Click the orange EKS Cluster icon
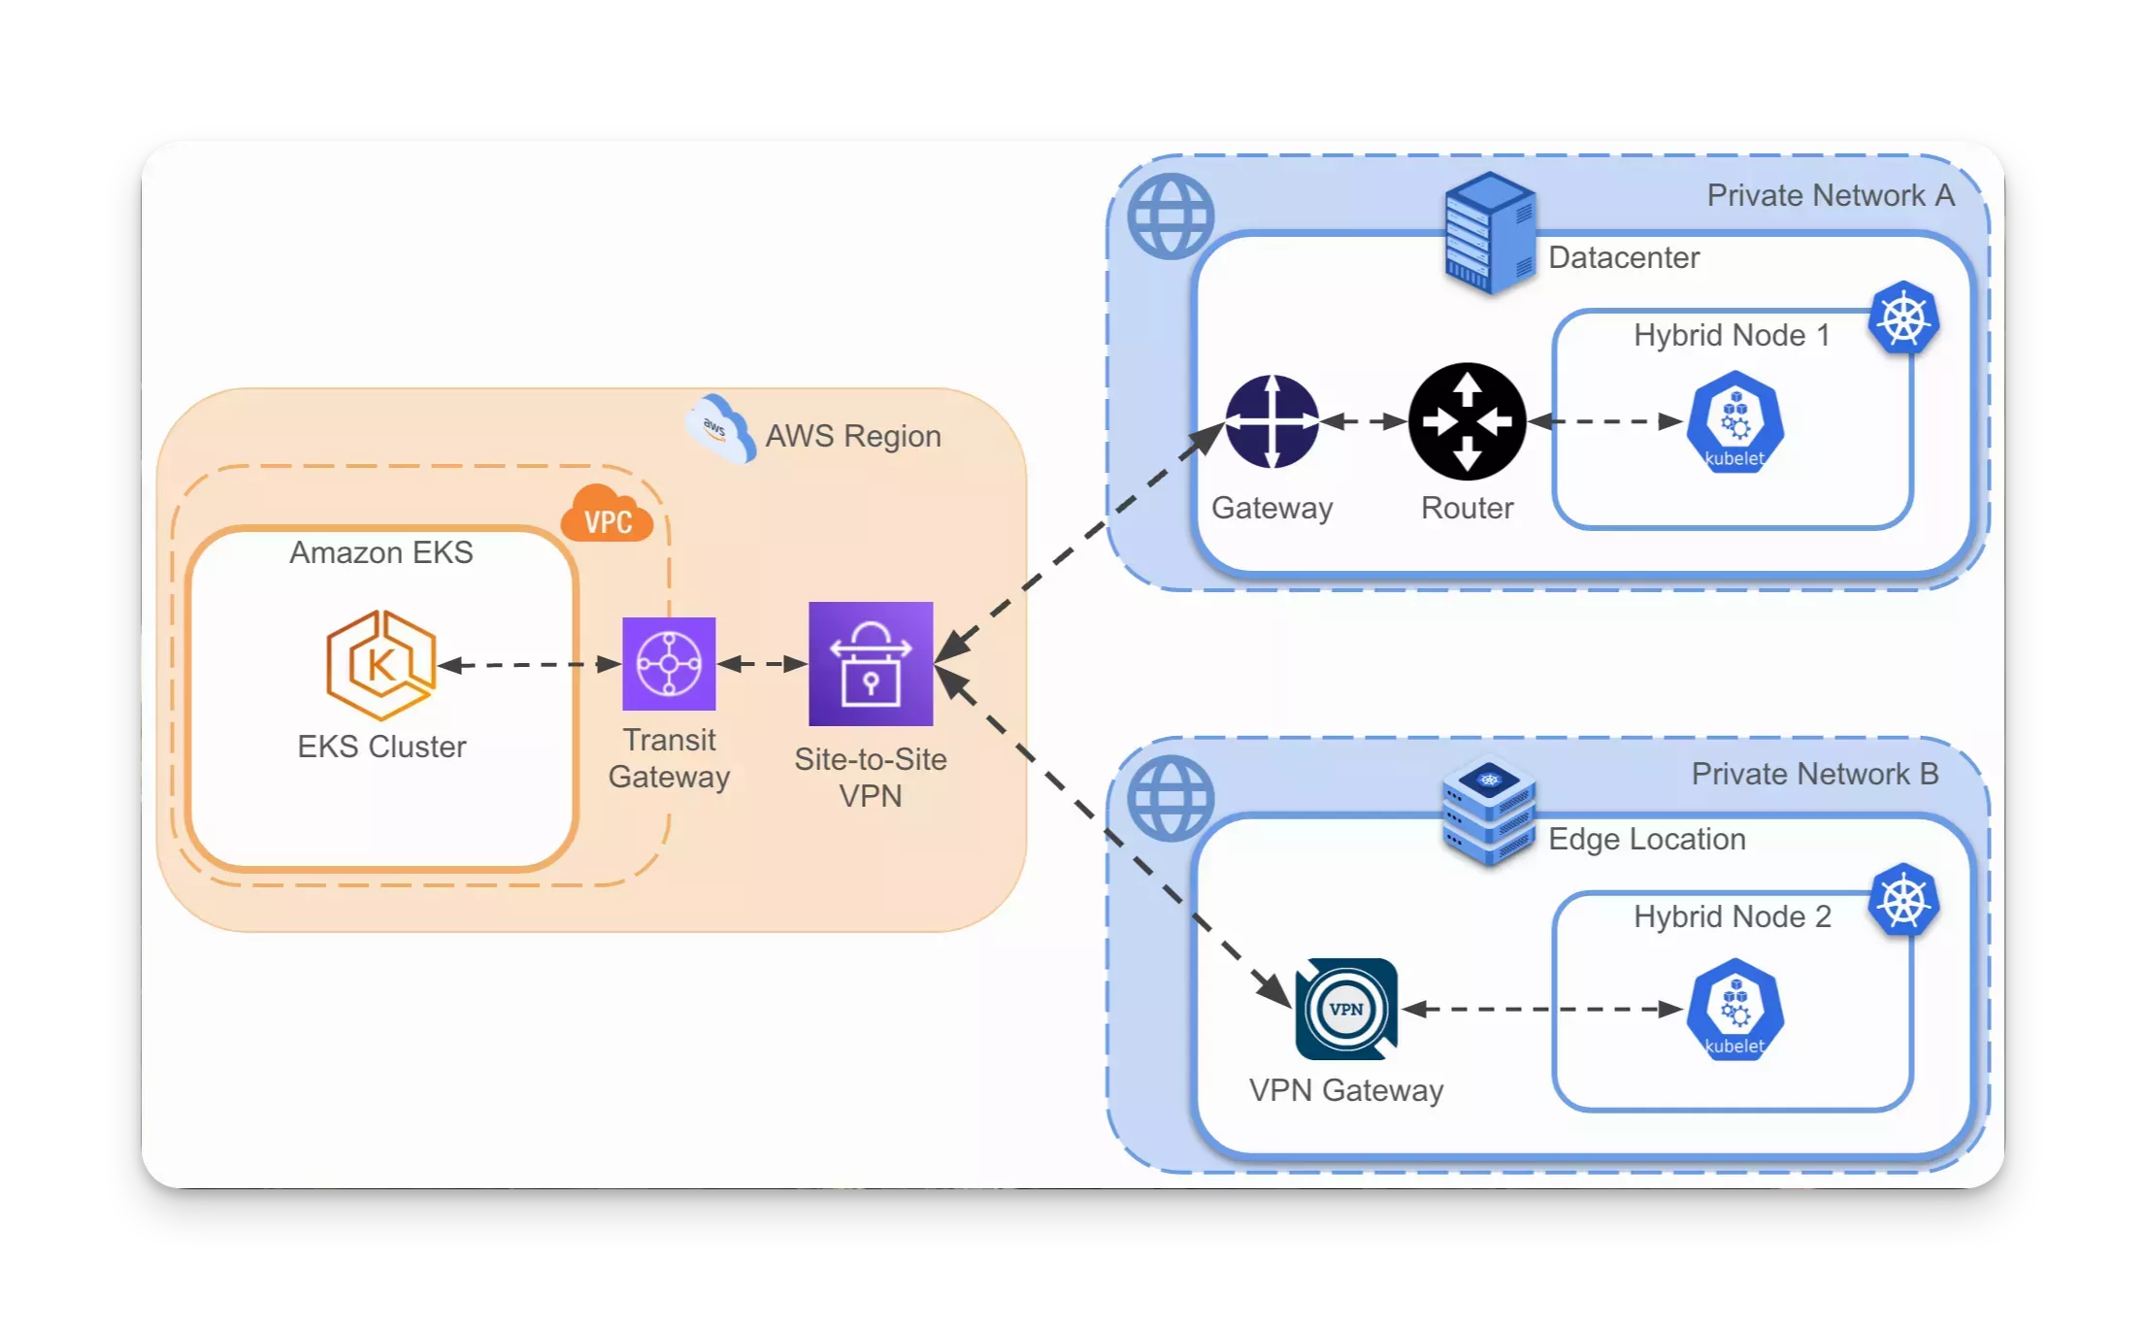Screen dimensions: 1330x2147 380,664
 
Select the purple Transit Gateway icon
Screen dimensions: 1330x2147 669,664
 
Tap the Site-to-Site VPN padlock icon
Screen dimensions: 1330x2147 871,664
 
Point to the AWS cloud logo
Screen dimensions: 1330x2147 719,428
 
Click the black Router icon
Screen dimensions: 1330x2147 1467,421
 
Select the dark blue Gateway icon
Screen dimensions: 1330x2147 1272,421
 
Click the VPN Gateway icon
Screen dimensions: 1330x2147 1346,1009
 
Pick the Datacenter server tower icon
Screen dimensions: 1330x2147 1489,233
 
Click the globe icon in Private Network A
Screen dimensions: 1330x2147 1171,216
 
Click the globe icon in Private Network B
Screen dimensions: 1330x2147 1171,798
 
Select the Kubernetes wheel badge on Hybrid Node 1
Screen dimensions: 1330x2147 1903,318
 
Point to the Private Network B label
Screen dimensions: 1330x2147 1814,774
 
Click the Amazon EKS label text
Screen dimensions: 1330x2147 380,552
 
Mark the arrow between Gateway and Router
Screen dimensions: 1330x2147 1364,421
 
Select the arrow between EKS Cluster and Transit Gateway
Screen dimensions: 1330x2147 529,664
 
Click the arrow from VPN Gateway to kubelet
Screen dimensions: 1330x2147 1543,1010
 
